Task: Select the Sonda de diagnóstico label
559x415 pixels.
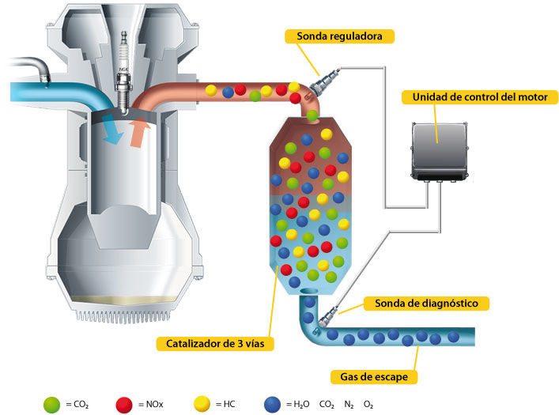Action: pyautogui.click(x=426, y=303)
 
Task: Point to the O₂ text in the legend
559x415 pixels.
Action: pyautogui.click(x=368, y=405)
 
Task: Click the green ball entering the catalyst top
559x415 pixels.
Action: pyautogui.click(x=312, y=115)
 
